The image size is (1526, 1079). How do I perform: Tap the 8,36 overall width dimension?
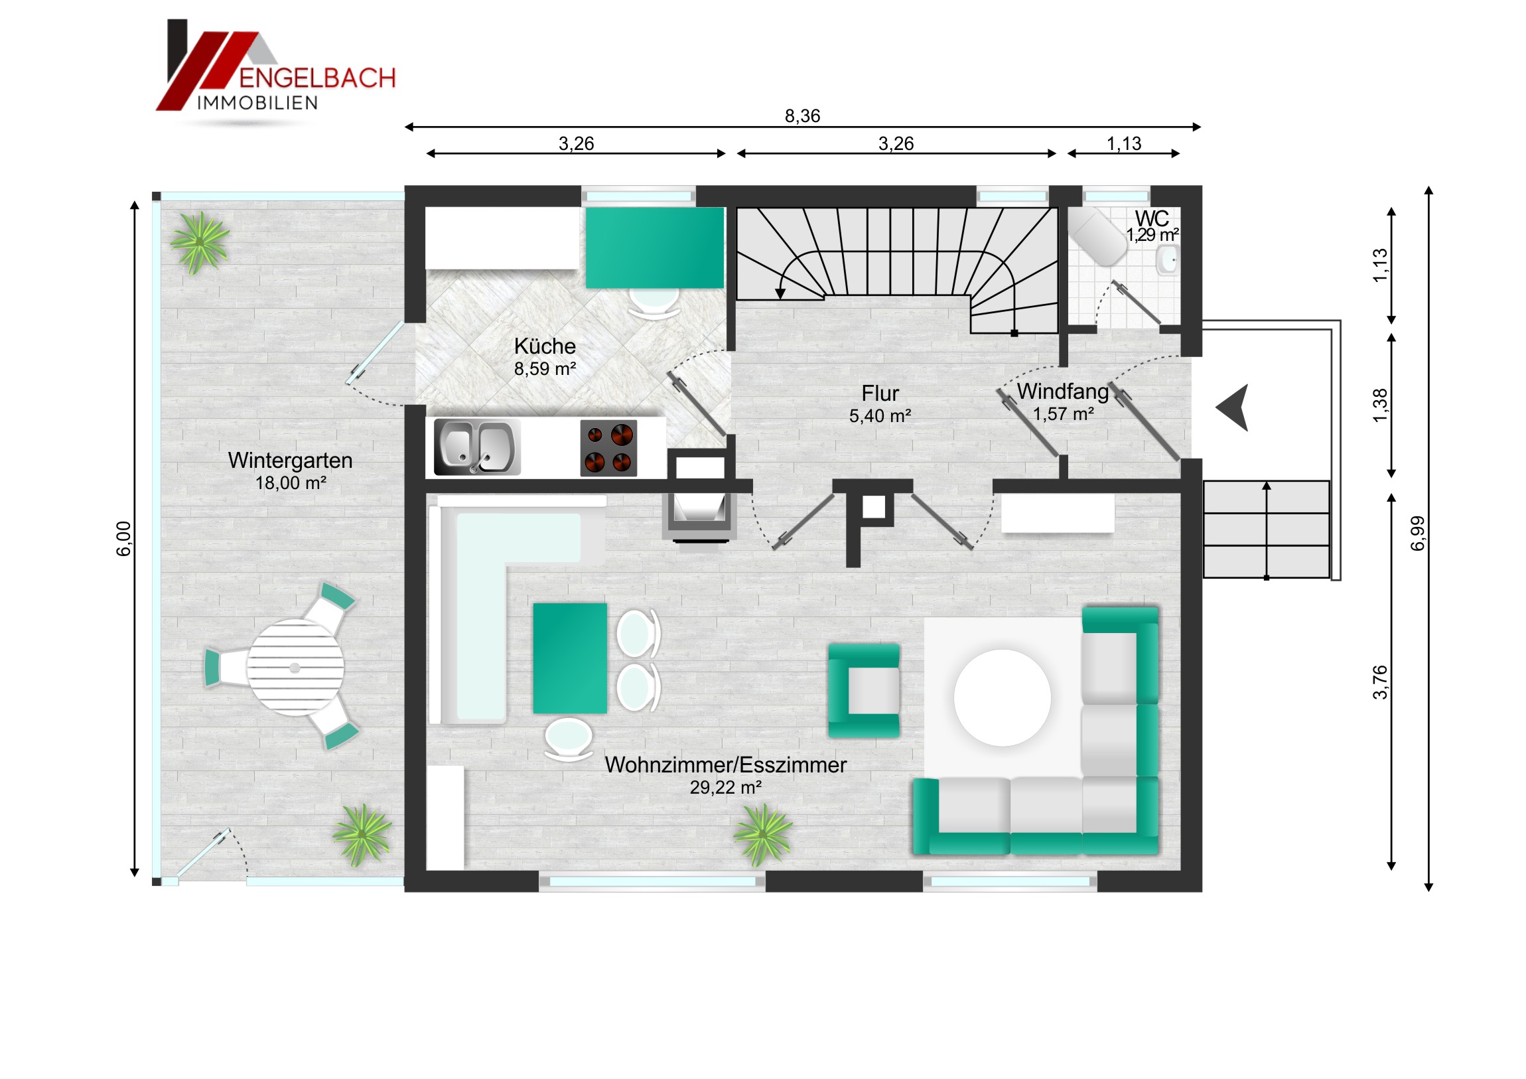click(802, 116)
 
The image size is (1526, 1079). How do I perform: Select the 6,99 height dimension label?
click(1417, 533)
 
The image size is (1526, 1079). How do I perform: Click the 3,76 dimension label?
click(1380, 682)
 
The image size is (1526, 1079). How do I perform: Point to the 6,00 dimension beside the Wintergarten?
click(123, 538)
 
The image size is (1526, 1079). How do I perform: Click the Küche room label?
click(544, 346)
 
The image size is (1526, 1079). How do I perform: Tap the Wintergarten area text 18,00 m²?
click(291, 482)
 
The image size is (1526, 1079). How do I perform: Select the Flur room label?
click(880, 393)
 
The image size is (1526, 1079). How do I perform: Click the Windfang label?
click(1063, 391)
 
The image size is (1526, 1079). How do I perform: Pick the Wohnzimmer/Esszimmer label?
click(725, 764)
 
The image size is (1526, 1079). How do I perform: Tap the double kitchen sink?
click(476, 447)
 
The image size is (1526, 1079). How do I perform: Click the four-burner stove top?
click(608, 447)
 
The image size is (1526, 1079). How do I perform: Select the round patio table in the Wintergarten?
click(295, 668)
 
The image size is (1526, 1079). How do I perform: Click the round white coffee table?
click(1003, 697)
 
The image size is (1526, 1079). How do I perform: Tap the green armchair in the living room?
click(863, 690)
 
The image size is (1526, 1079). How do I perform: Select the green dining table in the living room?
click(569, 658)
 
